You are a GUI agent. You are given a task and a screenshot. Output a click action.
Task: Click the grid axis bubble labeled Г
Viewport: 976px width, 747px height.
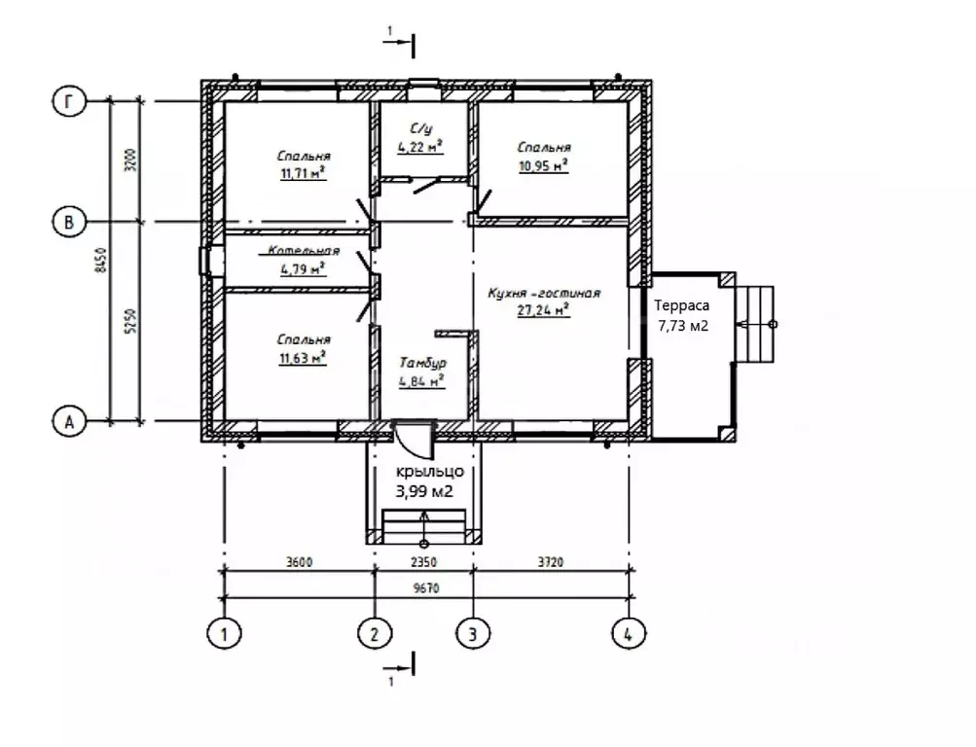(69, 101)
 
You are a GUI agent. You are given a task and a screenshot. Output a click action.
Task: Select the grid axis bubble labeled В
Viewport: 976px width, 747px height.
(69, 222)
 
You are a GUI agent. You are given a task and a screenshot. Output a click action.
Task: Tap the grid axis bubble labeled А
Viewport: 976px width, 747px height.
(69, 421)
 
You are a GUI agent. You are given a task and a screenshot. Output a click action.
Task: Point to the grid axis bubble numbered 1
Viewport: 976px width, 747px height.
(224, 634)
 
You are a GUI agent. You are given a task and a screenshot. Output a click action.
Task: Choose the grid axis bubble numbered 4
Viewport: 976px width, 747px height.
(629, 634)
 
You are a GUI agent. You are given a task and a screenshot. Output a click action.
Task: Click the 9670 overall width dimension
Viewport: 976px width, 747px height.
(426, 587)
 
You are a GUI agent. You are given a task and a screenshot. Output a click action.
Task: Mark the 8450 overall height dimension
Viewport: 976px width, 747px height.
(101, 260)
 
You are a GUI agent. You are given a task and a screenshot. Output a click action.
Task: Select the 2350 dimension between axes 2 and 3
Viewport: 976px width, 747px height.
(424, 562)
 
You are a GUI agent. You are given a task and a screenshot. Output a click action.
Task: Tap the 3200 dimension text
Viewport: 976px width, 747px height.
(130, 160)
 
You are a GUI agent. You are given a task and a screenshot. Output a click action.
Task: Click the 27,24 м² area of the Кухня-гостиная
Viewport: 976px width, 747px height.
(543, 309)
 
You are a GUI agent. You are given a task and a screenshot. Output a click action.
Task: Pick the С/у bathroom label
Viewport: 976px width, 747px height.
(421, 128)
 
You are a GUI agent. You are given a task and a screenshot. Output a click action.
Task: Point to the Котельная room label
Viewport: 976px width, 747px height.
(304, 251)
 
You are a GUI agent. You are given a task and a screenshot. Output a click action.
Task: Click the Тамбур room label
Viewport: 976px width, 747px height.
(422, 363)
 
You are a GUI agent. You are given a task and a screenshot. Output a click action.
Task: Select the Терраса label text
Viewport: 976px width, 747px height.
(681, 305)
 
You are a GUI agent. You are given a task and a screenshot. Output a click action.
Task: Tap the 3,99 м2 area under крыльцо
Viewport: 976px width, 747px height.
(424, 491)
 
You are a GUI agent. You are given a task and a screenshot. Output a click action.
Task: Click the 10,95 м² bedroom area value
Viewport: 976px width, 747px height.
(543, 165)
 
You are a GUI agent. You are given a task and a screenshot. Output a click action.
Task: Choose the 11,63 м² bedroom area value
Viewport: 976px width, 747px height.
(304, 358)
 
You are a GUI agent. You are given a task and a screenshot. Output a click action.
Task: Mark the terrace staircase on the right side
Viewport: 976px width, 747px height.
(755, 324)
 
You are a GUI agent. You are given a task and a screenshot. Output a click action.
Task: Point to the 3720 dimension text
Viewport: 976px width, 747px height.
(551, 562)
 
